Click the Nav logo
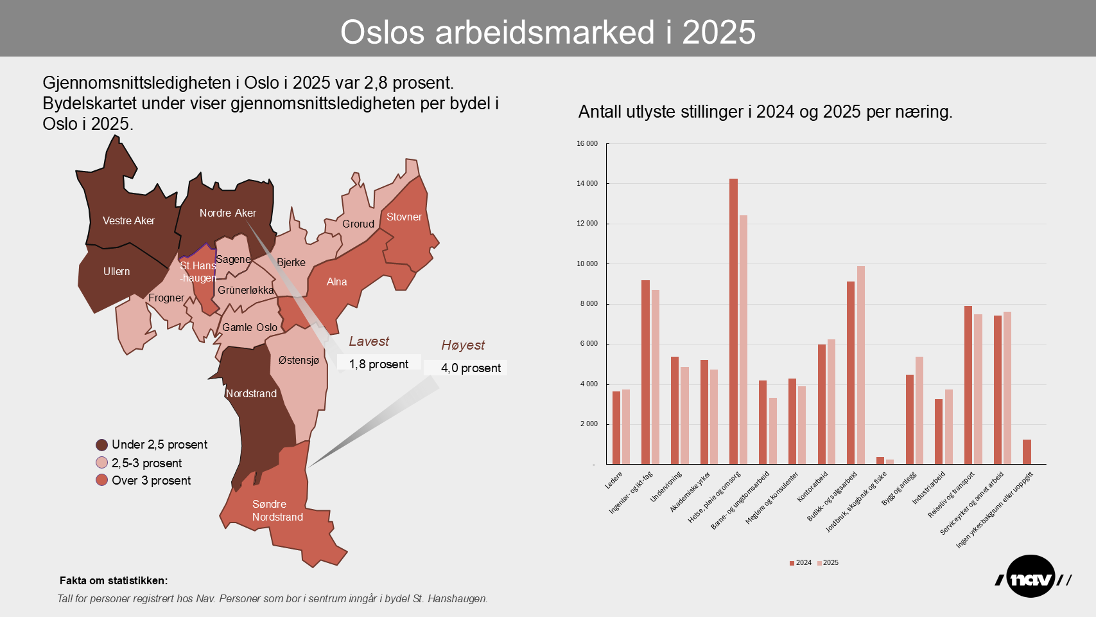1032,577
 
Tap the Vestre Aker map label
128,220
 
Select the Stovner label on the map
404,217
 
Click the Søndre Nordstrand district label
277,510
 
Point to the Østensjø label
299,360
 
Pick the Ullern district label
116,271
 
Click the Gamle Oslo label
250,327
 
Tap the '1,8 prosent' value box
379,364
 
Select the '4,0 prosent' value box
471,368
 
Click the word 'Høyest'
463,345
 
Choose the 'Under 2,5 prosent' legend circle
101,445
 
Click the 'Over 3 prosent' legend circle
101,480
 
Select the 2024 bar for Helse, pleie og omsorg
733,321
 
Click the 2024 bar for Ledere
616,427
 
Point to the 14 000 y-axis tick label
587,183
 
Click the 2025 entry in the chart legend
830,562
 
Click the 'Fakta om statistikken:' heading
114,580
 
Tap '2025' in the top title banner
718,32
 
